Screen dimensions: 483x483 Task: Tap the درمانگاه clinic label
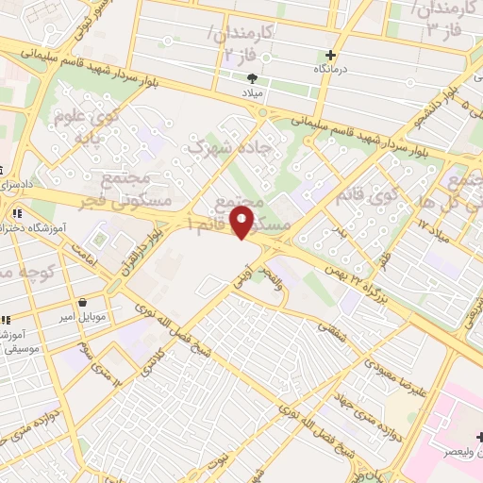tap(330, 70)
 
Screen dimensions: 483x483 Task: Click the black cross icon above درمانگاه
tap(330, 55)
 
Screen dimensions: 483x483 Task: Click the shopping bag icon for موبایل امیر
tap(85, 304)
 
